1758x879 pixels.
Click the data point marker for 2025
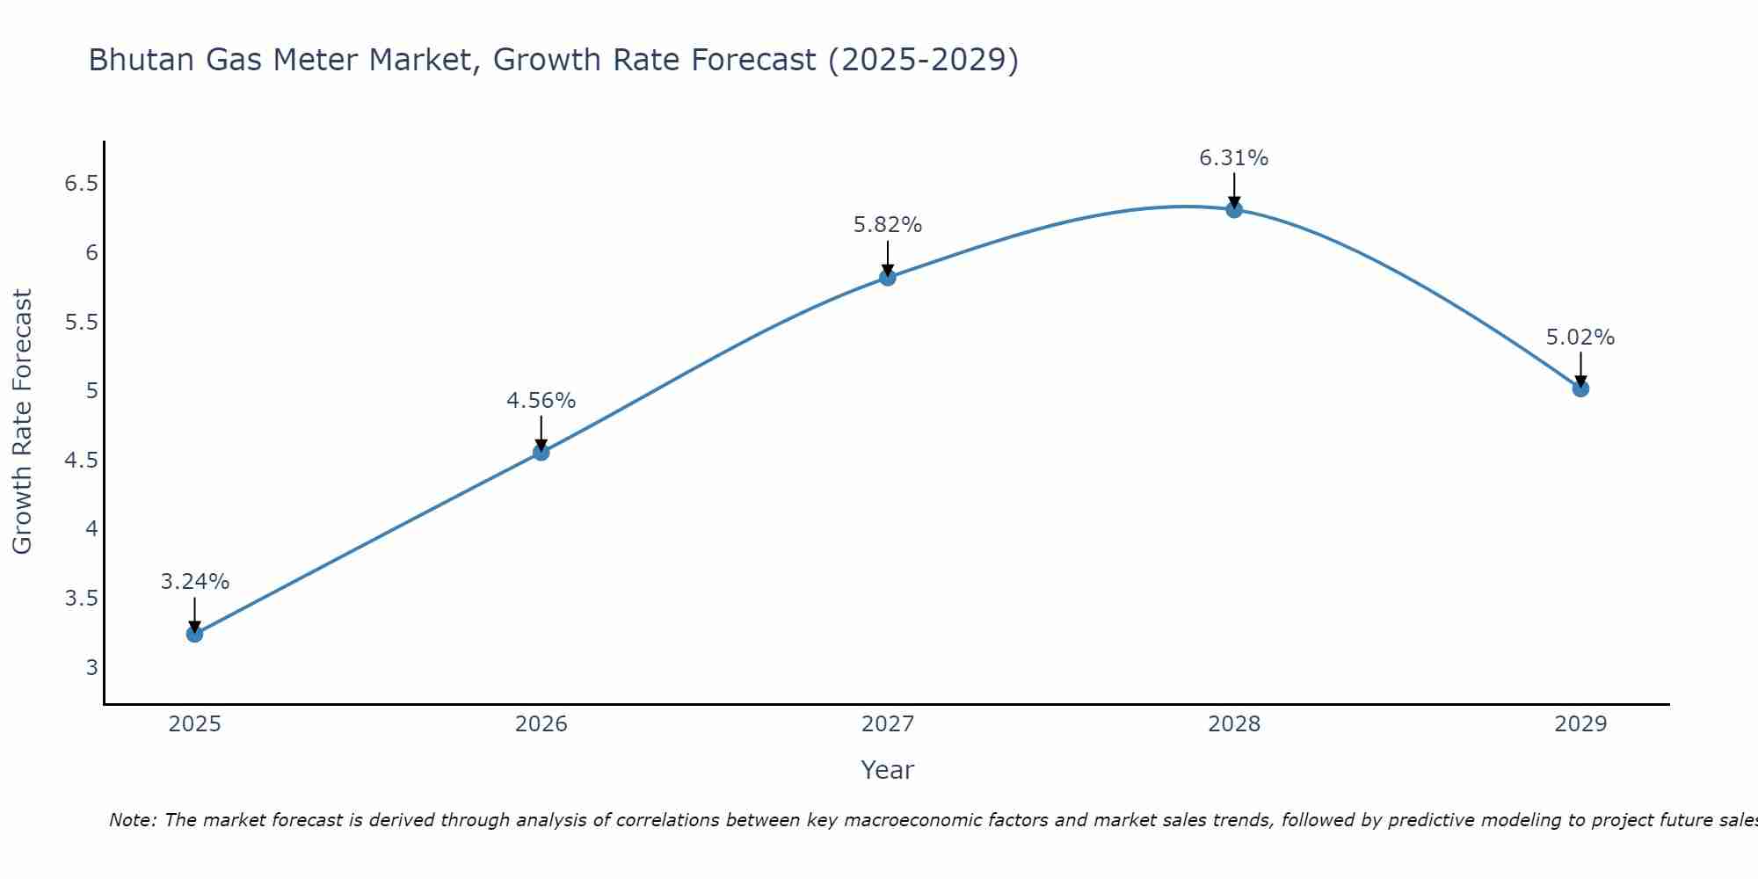tap(194, 634)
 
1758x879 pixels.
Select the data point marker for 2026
tap(541, 452)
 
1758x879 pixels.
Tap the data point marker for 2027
tap(888, 278)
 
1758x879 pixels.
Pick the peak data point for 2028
tap(1234, 209)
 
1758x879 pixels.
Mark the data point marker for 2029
tap(1580, 389)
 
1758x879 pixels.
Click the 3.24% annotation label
tap(195, 582)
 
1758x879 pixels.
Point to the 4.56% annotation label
tap(541, 401)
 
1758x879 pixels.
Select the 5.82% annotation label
tap(888, 225)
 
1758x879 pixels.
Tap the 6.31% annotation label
tap(1234, 158)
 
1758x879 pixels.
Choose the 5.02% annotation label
tap(1580, 338)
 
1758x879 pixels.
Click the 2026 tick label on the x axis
tap(541, 724)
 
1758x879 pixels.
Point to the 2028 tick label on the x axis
tap(1234, 724)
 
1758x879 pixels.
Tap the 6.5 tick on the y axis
tap(81, 184)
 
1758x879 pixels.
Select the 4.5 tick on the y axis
tap(81, 461)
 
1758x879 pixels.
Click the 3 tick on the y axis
tap(92, 667)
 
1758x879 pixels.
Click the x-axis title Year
tap(888, 770)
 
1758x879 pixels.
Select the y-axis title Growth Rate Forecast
tap(22, 421)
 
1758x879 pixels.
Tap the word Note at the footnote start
tap(132, 820)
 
